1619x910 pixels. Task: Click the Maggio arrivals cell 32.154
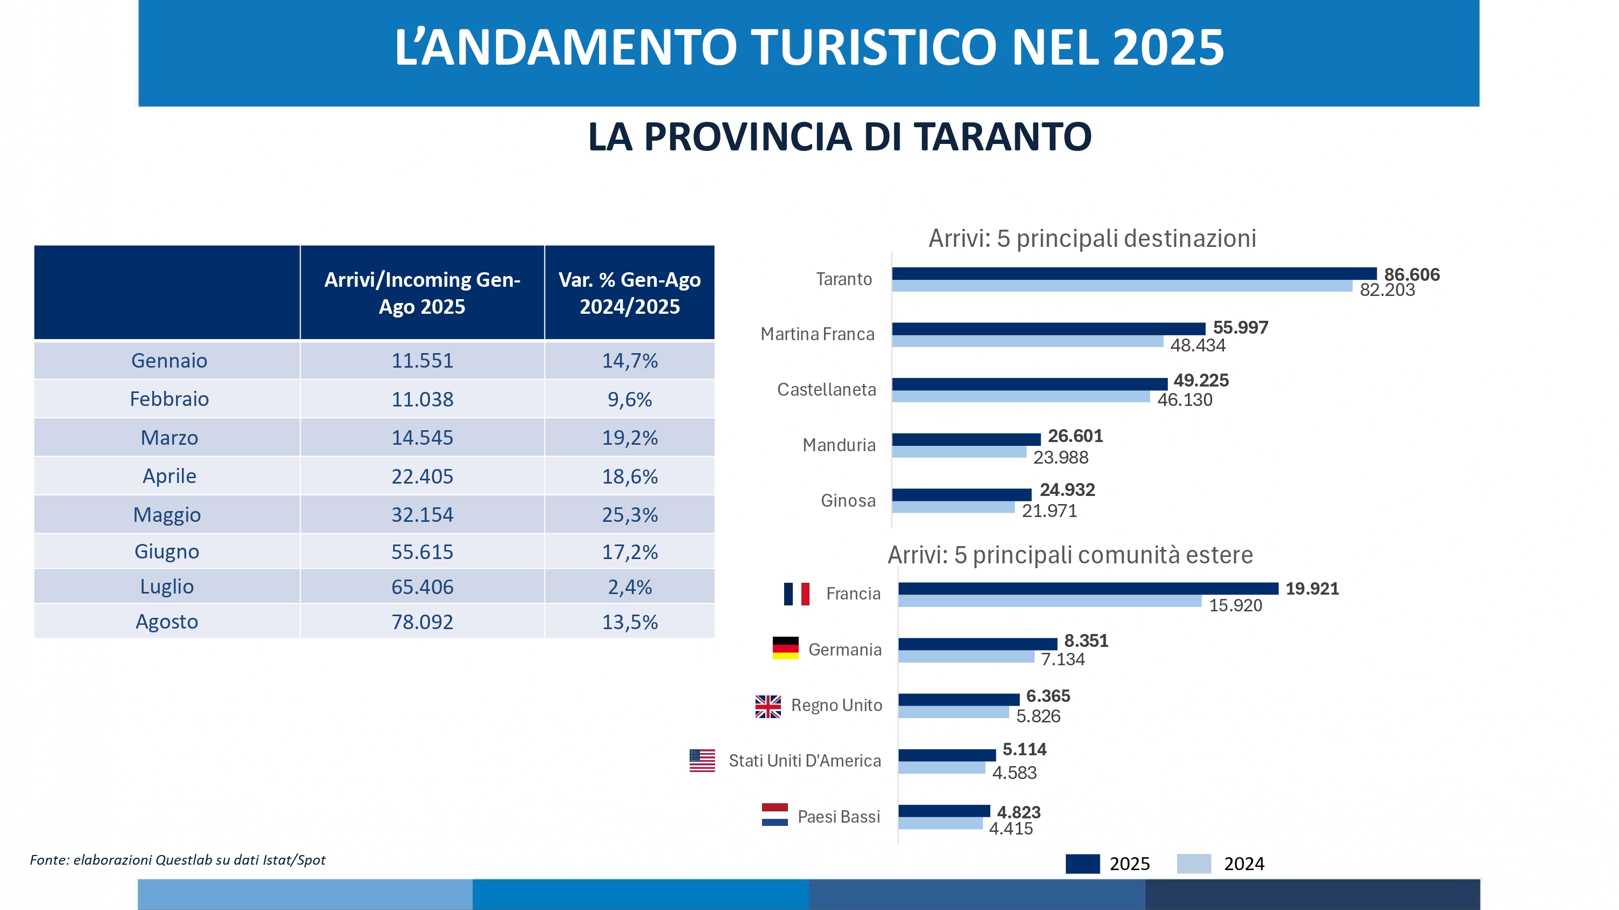coord(423,515)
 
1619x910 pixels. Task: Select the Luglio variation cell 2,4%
coord(630,587)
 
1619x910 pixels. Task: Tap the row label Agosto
coord(167,622)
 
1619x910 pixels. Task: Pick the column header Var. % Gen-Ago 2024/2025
coord(630,293)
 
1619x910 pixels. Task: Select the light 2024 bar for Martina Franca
coord(1027,341)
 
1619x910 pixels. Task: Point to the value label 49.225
coord(1201,381)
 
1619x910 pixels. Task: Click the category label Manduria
coord(839,445)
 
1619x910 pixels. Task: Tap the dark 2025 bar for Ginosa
coord(961,495)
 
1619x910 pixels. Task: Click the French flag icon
coord(797,594)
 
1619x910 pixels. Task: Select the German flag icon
coord(785,648)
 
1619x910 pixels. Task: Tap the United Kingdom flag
coord(768,707)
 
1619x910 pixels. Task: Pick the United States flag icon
coord(702,761)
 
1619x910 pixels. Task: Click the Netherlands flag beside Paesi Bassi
coord(774,815)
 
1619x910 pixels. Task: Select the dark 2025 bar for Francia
coord(1087,589)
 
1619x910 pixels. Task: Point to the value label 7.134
coord(1063,659)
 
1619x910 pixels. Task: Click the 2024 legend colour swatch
coord(1194,864)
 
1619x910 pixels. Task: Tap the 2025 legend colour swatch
coord(1082,864)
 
